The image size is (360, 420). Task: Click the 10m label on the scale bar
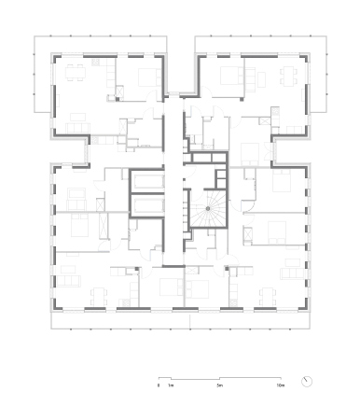coord(281,385)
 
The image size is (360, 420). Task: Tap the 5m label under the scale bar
coord(220,385)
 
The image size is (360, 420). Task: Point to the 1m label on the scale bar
coord(171,385)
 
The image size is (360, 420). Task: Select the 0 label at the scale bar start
coord(159,385)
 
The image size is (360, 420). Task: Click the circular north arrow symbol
coord(307,382)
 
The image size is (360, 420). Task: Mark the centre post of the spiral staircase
coord(208,208)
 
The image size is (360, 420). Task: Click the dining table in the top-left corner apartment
coord(76,73)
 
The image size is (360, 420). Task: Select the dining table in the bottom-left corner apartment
coord(99,297)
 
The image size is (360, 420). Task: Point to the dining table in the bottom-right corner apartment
coord(268,297)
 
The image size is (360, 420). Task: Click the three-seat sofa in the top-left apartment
coord(78,128)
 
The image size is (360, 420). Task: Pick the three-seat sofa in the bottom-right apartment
coord(293,273)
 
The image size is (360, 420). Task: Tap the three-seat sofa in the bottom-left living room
coord(69,281)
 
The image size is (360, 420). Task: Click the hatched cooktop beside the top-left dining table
coord(95,63)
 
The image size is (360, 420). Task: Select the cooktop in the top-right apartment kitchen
coord(275,111)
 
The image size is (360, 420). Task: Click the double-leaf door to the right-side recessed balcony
coord(267,149)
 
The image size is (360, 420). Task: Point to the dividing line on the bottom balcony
coord(189,321)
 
